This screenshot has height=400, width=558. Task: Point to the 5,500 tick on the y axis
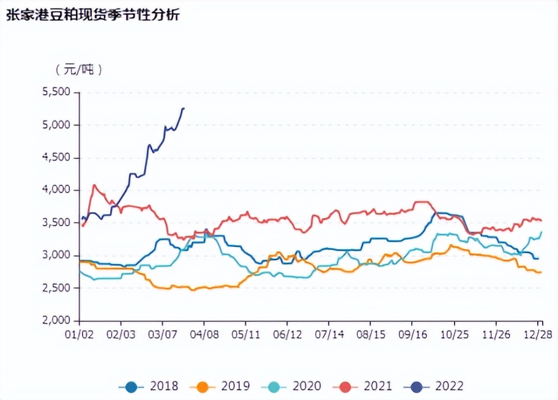(56, 92)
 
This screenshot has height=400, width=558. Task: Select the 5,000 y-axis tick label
(56, 125)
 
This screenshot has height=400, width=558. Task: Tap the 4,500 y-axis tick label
(56, 158)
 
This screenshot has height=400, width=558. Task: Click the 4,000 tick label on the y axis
(56, 190)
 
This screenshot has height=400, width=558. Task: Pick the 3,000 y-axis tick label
(56, 256)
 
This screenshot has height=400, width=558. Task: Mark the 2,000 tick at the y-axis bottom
(56, 320)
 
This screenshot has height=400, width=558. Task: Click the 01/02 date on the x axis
(80, 335)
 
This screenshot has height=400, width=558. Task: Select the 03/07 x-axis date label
(162, 335)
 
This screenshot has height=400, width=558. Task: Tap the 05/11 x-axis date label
(245, 335)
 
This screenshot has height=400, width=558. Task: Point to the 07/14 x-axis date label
(329, 335)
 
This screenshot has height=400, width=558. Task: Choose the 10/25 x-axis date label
(453, 335)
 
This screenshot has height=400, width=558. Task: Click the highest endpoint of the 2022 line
(184, 108)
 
